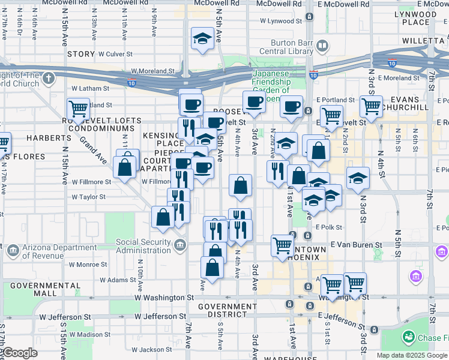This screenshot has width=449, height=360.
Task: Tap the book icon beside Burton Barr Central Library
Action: (x=322, y=46)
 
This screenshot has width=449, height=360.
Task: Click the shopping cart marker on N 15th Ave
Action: (x=79, y=109)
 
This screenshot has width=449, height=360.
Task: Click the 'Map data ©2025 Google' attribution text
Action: (x=412, y=355)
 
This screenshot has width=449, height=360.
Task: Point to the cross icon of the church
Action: (x=48, y=78)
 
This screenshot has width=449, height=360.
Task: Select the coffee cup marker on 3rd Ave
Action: (x=254, y=102)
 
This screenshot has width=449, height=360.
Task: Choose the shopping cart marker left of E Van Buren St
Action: (x=282, y=245)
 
